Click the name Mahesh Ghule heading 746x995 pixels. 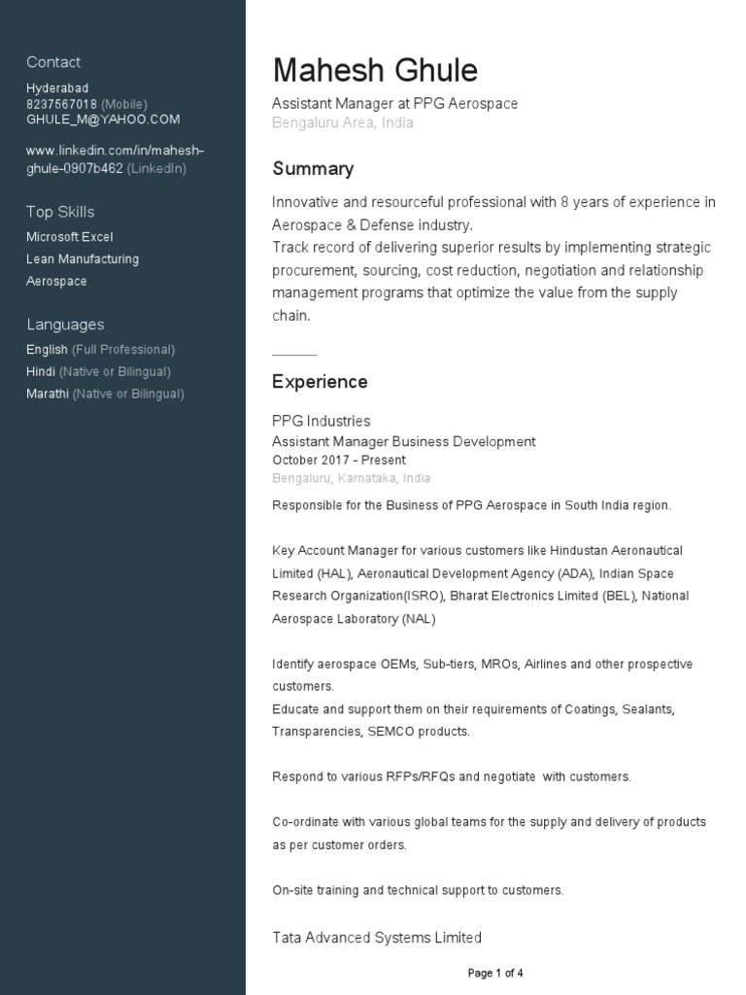[x=375, y=71]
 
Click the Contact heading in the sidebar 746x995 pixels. [x=53, y=62]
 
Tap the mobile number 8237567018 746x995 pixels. [x=61, y=104]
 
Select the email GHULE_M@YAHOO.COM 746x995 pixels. [x=103, y=120]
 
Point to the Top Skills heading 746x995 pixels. [x=60, y=212]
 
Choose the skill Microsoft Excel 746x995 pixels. [x=70, y=237]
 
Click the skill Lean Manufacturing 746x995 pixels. [x=83, y=259]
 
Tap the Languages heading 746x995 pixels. [x=65, y=325]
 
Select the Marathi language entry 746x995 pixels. [x=48, y=394]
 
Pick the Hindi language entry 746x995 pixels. [x=41, y=371]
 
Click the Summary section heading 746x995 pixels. [x=313, y=169]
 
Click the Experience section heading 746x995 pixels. [x=320, y=382]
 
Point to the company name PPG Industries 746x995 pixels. [x=321, y=421]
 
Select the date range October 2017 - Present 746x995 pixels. [x=339, y=460]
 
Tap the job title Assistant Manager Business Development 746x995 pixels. [x=403, y=441]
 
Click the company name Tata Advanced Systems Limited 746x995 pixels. [x=377, y=938]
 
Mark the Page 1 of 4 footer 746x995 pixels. [x=495, y=973]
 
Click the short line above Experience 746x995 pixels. [x=294, y=355]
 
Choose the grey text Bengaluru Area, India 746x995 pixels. [x=343, y=123]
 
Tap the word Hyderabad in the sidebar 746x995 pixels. [x=57, y=88]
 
